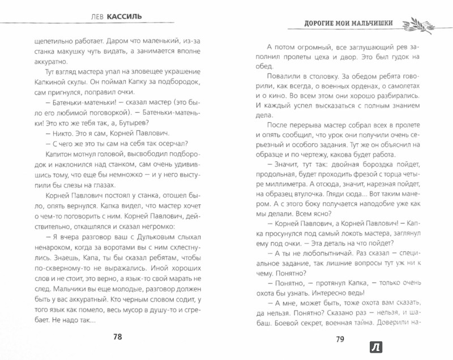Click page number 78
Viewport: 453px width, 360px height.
[118, 336]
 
